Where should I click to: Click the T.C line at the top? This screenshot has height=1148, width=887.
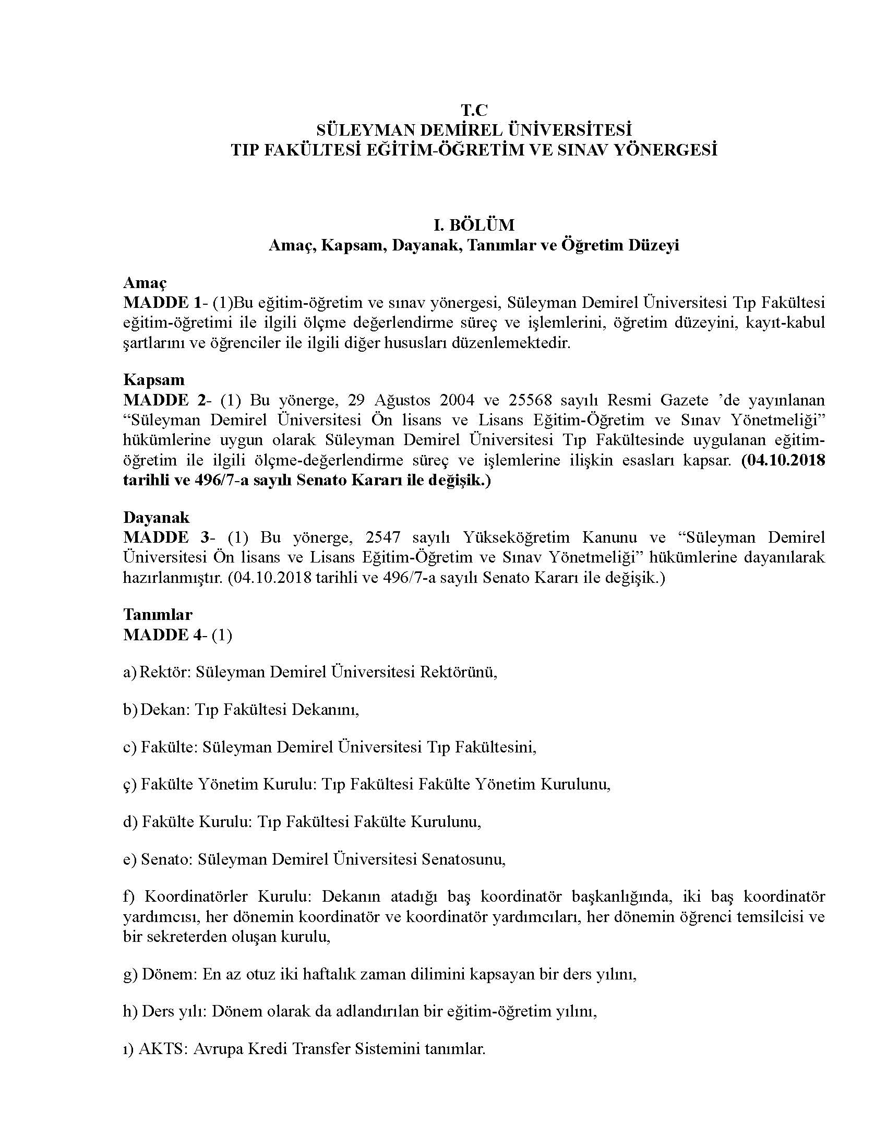tap(474, 110)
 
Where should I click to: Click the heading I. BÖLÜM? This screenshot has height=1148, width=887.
tap(473, 225)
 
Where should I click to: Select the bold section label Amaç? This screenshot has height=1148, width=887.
tap(145, 283)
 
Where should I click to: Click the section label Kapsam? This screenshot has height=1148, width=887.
tap(153, 379)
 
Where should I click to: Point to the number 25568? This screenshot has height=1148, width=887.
tap(531, 400)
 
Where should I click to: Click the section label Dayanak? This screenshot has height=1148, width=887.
tap(156, 517)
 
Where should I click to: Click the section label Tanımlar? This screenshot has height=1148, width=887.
tap(158, 614)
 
